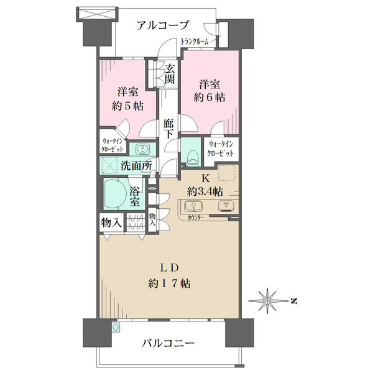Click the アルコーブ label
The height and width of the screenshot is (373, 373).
[163, 25]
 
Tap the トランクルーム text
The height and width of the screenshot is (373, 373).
[195, 42]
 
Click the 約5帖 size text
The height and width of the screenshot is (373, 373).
[127, 106]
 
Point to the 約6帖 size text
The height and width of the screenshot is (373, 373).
[210, 98]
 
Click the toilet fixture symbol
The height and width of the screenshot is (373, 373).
[191, 158]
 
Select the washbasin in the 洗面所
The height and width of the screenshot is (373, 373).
[143, 149]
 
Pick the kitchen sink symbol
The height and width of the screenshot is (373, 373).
[193, 206]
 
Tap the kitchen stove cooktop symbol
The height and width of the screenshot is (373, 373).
[226, 206]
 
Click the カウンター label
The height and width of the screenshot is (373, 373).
[196, 218]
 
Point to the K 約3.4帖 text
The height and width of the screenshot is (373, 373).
[205, 185]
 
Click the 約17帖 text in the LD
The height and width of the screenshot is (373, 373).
[169, 283]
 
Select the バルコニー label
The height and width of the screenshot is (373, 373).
[168, 343]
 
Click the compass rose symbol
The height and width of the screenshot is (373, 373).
[267, 301]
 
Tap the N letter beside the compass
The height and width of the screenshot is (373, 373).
[294, 301]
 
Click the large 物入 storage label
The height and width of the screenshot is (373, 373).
[111, 223]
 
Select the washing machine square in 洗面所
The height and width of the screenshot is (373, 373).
[109, 165]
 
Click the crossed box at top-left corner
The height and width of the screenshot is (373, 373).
[98, 14]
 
